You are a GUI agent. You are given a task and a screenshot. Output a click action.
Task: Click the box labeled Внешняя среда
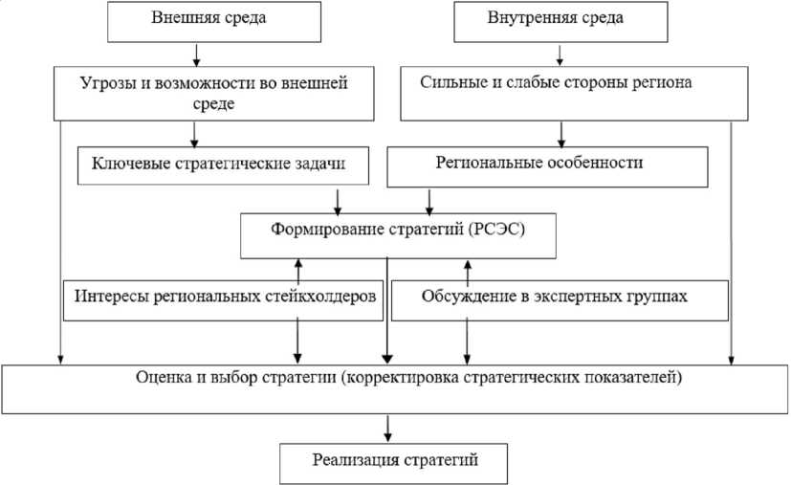tap(195, 22)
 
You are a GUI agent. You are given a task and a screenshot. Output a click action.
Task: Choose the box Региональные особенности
tap(547, 165)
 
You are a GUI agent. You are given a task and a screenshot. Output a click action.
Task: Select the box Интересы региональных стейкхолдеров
tap(226, 296)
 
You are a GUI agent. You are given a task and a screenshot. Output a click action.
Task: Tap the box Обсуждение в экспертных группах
tap(554, 296)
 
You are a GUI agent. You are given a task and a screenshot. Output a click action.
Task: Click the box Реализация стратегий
tap(394, 461)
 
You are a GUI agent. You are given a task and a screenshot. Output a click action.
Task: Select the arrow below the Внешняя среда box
tap(195, 54)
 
